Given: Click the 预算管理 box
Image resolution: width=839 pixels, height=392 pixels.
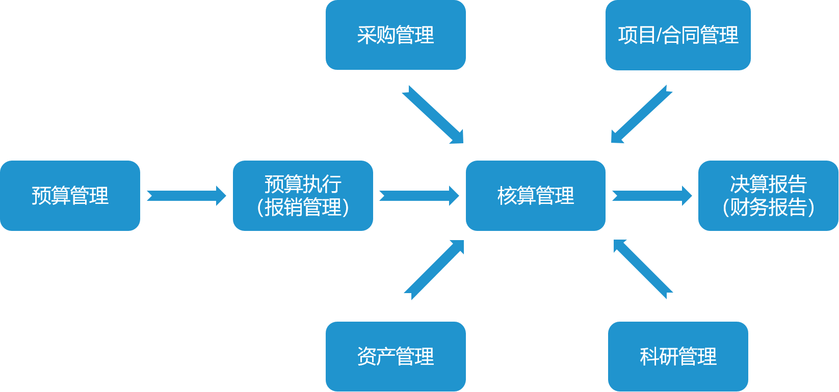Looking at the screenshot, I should tap(70, 196).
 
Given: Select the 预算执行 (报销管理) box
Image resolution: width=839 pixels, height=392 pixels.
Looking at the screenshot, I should tap(303, 196).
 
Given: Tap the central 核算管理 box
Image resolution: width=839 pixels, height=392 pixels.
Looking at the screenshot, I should tap(535, 196).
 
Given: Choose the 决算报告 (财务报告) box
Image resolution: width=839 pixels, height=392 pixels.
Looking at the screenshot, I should tap(768, 196).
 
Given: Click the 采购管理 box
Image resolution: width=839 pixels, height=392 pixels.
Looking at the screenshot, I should tap(396, 35).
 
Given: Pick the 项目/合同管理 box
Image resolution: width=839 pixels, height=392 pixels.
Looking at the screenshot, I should tap(678, 35).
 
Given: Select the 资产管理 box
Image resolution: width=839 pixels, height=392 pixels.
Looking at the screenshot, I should tap(396, 356).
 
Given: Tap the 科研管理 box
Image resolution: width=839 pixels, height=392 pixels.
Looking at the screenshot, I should tap(678, 356).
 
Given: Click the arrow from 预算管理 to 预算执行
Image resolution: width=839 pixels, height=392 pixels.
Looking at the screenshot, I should tap(186, 196).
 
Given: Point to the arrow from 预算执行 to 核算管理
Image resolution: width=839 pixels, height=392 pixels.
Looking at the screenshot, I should tap(419, 196).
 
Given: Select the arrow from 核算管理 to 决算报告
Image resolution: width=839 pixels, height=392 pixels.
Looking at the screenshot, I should tap(651, 196).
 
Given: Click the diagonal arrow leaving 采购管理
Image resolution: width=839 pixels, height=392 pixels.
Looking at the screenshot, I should tap(433, 115).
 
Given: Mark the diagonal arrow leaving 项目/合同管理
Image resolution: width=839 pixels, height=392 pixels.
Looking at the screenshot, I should tap(641, 115).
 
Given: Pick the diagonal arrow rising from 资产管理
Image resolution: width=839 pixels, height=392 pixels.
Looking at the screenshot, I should tap(434, 269).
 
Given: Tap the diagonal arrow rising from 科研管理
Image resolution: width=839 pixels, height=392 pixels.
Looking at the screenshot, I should tap(643, 269).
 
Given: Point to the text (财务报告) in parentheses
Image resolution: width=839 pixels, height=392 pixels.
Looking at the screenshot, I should tap(768, 207).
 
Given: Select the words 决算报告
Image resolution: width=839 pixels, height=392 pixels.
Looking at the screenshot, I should tap(768, 184).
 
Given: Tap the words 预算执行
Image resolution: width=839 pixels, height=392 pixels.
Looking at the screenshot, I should tap(303, 184).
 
